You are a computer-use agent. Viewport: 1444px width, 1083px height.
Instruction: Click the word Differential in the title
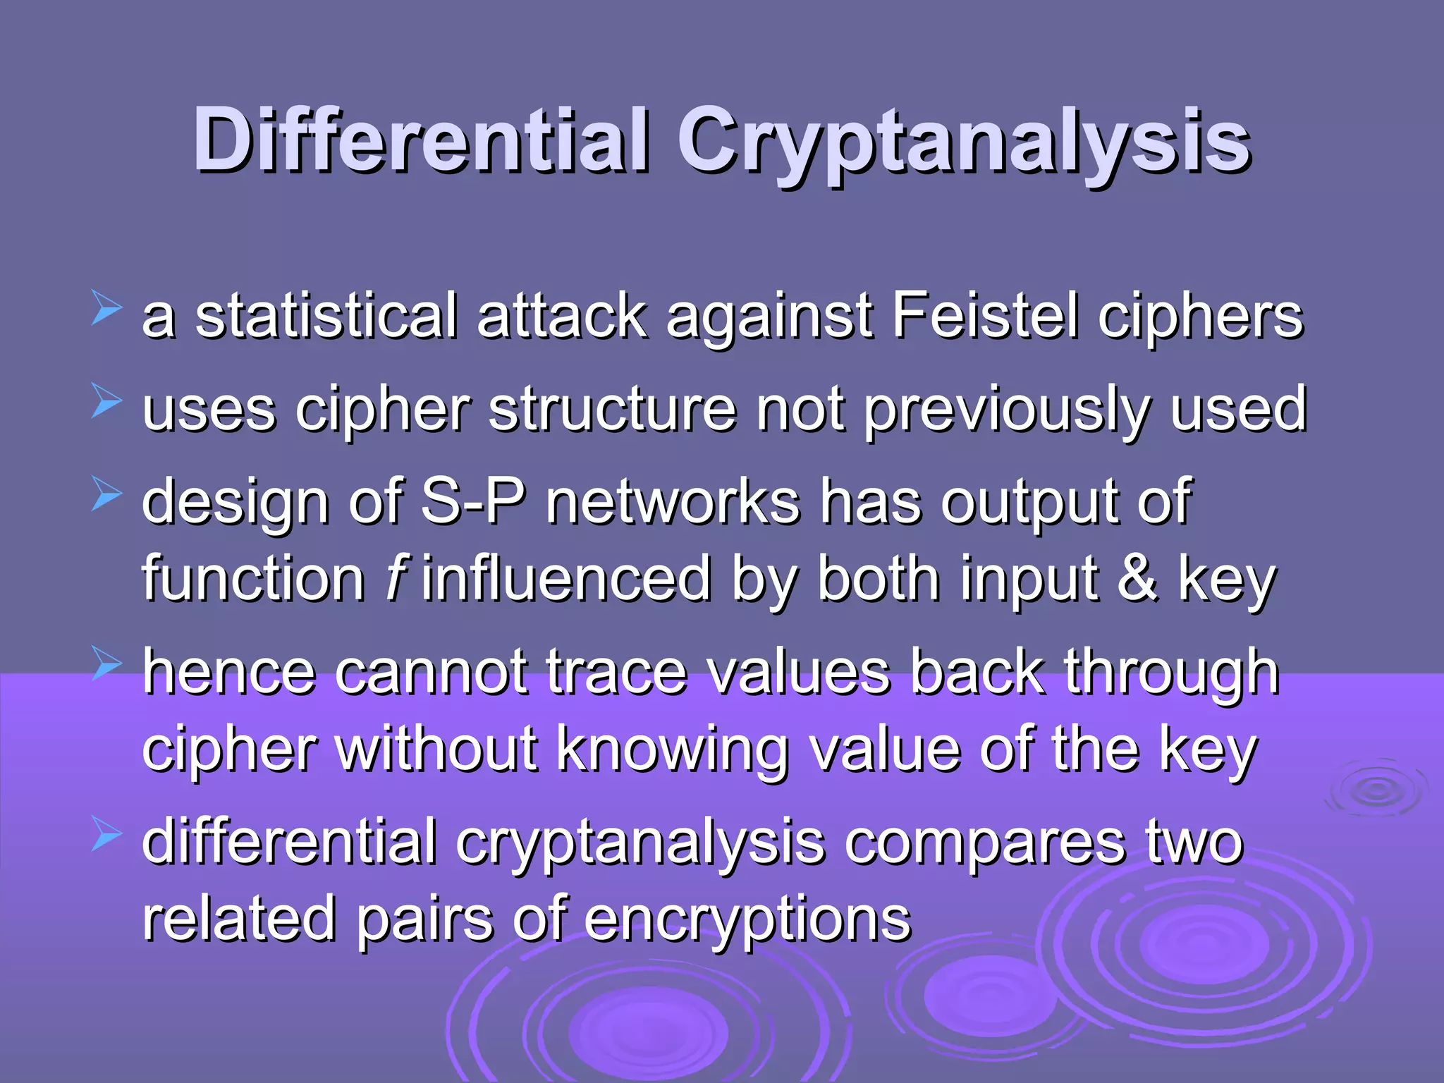click(421, 141)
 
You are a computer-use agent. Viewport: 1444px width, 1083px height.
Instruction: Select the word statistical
click(326, 317)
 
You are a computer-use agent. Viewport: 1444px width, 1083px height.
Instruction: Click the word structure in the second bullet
click(612, 410)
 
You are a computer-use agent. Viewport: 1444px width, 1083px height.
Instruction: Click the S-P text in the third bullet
click(473, 502)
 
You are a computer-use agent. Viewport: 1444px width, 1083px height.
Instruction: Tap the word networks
click(673, 502)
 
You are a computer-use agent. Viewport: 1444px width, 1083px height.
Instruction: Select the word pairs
click(424, 921)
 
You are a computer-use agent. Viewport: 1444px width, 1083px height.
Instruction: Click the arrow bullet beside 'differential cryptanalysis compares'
click(106, 836)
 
